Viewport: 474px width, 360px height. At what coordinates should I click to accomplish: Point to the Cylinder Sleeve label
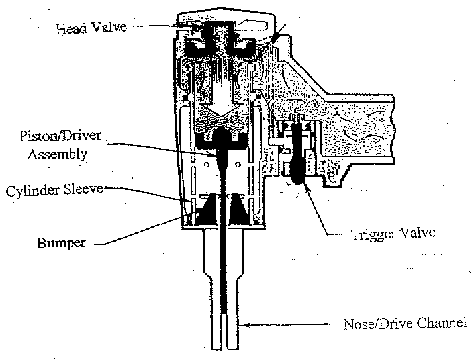coord(56,190)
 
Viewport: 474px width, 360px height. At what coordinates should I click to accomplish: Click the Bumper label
coord(62,243)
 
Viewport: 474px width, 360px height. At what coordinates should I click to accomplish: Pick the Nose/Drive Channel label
coord(405,324)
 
